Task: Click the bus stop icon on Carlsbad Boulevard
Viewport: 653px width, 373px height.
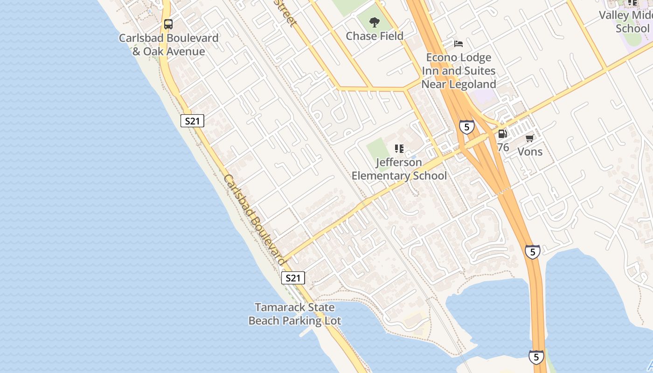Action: click(168, 24)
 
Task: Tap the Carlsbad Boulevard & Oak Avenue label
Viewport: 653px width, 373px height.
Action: click(168, 45)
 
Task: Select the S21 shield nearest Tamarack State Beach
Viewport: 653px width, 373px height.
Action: click(293, 278)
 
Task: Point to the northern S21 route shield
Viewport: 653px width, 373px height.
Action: click(192, 121)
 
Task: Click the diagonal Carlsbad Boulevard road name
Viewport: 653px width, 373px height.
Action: click(254, 220)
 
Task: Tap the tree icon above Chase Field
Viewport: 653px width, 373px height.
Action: click(374, 22)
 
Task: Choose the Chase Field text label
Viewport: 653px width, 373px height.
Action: click(374, 36)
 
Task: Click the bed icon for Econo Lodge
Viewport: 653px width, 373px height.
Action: click(458, 44)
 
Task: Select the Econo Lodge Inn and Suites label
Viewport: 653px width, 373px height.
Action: click(458, 71)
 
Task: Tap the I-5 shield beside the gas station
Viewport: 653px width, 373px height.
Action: click(467, 127)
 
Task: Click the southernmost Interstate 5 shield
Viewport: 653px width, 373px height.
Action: click(536, 357)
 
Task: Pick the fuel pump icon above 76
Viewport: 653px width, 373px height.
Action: click(502, 134)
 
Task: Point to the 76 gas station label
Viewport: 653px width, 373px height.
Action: click(503, 147)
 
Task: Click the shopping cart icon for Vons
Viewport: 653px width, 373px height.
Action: click(530, 138)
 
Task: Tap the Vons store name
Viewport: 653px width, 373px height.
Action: click(530, 152)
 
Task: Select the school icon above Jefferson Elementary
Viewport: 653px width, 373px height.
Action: click(399, 149)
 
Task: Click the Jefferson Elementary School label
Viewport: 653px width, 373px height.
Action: click(399, 169)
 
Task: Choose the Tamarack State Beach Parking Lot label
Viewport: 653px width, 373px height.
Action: click(295, 314)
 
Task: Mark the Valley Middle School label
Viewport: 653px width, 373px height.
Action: click(625, 21)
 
